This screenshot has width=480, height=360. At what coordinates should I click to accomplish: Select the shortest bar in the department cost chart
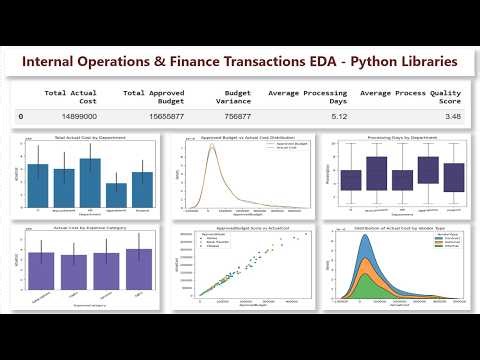click(117, 193)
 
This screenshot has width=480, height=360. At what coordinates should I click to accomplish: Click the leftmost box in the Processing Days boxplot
click(351, 180)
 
